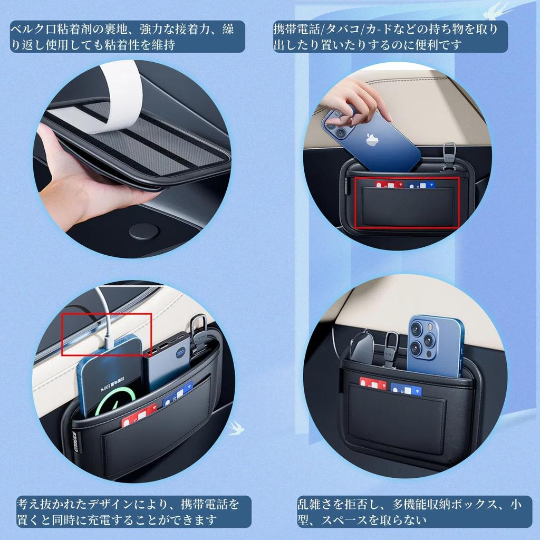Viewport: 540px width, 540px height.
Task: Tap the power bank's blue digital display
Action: coord(181,353)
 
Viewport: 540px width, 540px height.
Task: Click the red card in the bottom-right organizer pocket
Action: coord(372,384)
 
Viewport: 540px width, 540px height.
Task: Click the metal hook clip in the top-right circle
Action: coord(449,155)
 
